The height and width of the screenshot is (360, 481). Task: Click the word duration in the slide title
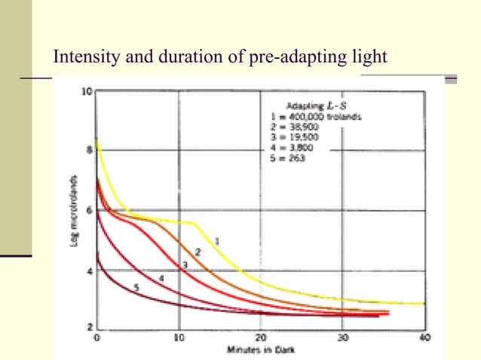179,56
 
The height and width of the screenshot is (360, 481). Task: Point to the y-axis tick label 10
87,92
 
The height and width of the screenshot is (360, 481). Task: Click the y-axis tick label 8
89,151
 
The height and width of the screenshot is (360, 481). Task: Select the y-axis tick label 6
89,210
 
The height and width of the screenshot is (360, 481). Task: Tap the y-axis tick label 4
89,270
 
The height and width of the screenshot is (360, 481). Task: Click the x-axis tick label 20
260,338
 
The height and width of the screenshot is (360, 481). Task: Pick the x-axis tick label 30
342,338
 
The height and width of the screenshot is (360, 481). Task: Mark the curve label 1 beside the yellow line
217,241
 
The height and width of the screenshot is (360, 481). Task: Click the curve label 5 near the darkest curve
136,287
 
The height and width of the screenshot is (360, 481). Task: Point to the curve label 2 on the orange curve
198,251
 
